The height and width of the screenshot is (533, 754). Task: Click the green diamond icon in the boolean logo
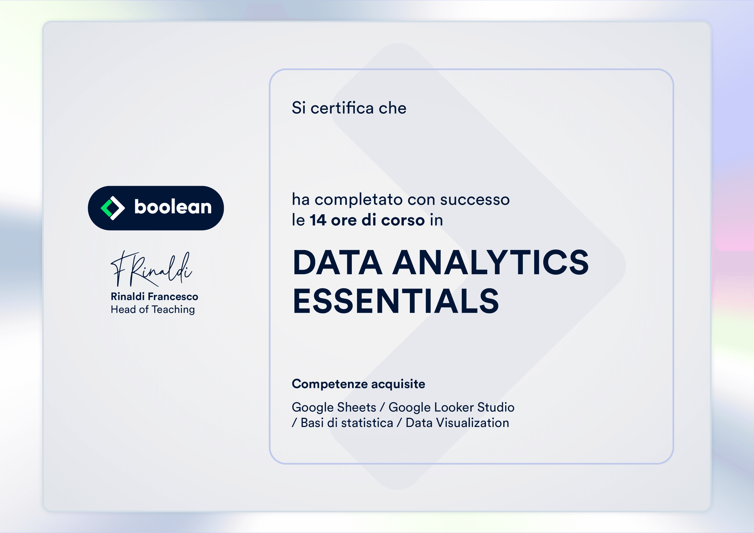click(x=112, y=208)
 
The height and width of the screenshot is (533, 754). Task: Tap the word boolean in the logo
click(x=173, y=207)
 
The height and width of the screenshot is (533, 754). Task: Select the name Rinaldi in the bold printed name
click(x=127, y=296)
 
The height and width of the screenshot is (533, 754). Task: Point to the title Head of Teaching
click(x=153, y=310)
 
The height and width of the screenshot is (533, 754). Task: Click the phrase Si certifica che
click(x=349, y=108)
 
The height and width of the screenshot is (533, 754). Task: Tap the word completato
click(x=359, y=200)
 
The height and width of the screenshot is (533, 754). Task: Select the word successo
click(x=475, y=200)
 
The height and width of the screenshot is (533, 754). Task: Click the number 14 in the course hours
click(x=318, y=220)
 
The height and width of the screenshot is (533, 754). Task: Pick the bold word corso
click(x=403, y=221)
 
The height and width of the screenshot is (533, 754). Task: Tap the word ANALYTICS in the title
click(x=490, y=263)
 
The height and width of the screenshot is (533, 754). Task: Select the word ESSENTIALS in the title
click(x=396, y=301)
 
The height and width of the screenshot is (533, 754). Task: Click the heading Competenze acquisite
click(x=359, y=384)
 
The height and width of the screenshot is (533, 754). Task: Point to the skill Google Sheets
click(x=334, y=408)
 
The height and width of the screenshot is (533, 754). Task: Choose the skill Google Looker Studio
click(x=452, y=408)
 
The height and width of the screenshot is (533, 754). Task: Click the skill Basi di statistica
click(x=347, y=423)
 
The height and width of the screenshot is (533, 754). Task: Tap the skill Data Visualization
click(x=457, y=423)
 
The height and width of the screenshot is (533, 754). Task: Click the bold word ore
click(x=343, y=221)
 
